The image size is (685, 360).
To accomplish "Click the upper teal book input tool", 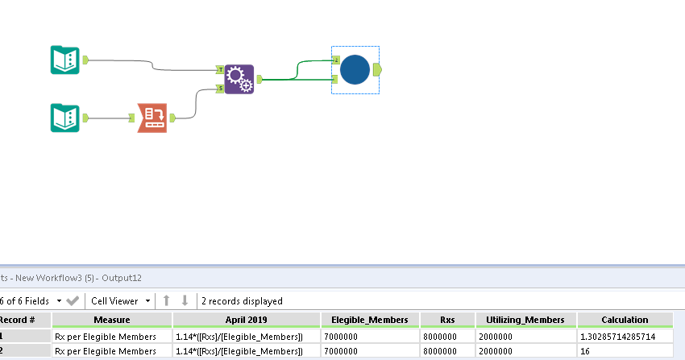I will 64,60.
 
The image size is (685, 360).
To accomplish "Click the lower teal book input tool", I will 64,118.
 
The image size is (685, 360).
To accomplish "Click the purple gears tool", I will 239,79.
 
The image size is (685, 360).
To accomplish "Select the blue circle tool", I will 355,70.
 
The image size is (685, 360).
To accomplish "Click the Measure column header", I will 112,320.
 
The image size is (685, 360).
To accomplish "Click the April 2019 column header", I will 246,320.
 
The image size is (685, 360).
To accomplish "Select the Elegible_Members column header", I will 370,320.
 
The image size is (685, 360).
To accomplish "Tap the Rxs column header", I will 447,320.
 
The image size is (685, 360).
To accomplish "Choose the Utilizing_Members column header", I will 526,320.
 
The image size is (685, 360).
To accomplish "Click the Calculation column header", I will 625,320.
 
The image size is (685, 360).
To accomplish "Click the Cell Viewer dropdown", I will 120,301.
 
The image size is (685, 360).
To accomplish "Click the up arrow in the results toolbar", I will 167,301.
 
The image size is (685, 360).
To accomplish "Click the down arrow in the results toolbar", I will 185,301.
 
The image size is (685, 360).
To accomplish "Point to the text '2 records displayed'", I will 242,301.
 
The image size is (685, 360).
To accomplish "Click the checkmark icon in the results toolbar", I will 73,301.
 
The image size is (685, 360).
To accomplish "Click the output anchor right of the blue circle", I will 377,70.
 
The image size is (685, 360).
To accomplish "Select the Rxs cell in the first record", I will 447,336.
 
